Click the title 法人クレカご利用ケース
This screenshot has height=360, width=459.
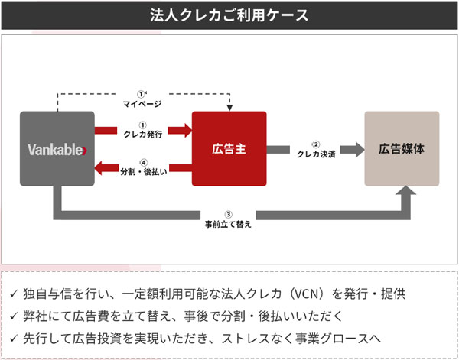[229, 15]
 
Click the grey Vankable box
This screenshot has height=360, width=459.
[57, 149]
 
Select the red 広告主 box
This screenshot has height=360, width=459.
[229, 148]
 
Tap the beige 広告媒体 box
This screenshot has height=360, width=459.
[402, 148]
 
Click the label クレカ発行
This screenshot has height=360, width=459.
[143, 135]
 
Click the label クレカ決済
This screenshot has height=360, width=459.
[316, 154]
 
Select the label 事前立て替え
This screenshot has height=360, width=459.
[228, 225]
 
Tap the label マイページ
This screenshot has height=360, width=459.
[143, 103]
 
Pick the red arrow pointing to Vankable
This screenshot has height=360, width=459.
[104, 167]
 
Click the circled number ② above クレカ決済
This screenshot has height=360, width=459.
[316, 144]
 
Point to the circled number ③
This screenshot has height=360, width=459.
[228, 215]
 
